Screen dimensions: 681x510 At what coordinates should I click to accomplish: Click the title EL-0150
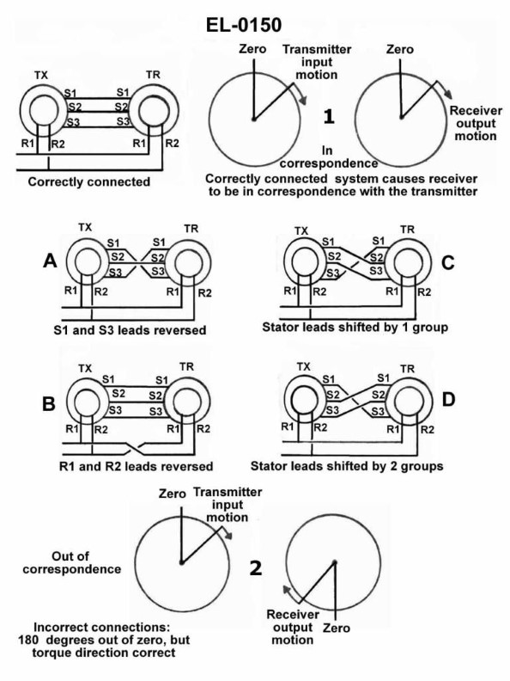pos(255,16)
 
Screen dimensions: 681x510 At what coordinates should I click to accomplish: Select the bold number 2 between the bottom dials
pos(254,567)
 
